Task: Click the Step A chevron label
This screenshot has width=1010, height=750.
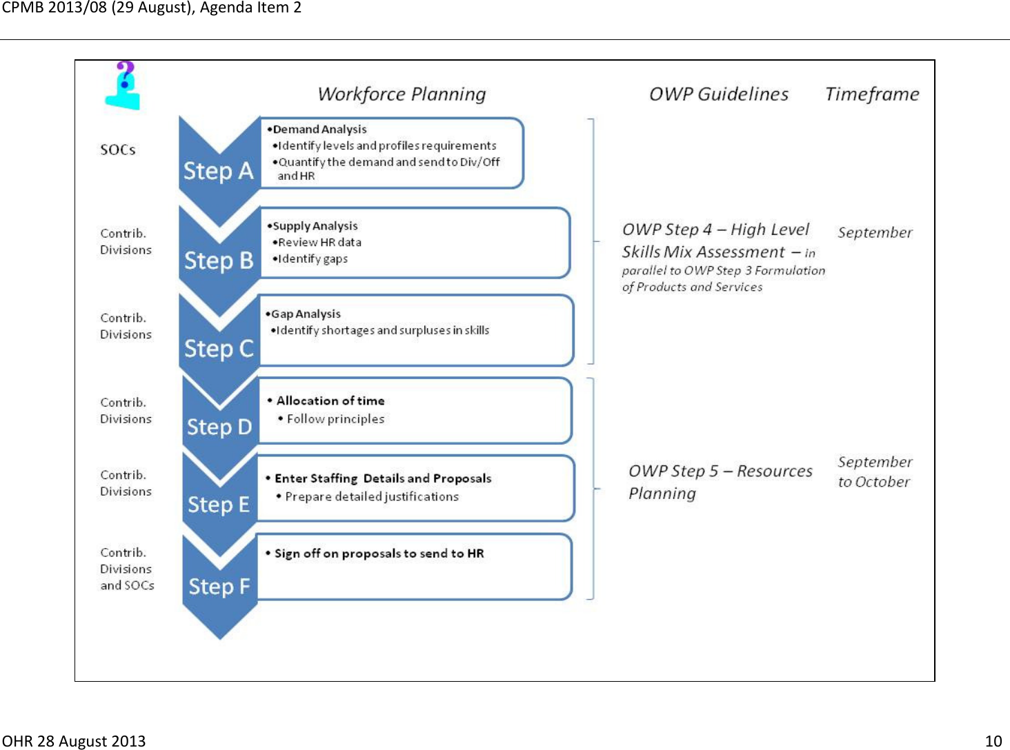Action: click(218, 171)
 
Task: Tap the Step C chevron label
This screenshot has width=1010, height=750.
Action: click(219, 349)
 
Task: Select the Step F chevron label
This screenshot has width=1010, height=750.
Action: click(219, 587)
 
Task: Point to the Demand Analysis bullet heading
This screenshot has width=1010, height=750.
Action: click(319, 130)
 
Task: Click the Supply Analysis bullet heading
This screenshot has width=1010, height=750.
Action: click(315, 226)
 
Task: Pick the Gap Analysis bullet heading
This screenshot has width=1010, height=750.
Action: click(305, 314)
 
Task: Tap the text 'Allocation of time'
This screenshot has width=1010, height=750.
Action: click(330, 401)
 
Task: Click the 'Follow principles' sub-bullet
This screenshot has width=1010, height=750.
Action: click(335, 419)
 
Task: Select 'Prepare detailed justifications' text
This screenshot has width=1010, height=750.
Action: click(371, 497)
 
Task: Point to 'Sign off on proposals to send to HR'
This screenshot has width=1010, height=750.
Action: click(379, 554)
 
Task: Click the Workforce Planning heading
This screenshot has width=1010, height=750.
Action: click(402, 94)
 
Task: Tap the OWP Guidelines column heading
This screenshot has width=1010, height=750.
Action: click(718, 94)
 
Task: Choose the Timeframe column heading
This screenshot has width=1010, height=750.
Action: click(872, 94)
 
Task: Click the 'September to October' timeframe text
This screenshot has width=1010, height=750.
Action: click(874, 472)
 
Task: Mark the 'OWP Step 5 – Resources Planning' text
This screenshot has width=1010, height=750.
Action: click(720, 482)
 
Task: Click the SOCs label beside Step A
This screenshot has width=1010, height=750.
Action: click(118, 150)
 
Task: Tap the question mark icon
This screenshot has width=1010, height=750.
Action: click(124, 85)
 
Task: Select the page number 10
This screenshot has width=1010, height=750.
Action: click(993, 741)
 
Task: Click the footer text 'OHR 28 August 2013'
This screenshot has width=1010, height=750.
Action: click(74, 741)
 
